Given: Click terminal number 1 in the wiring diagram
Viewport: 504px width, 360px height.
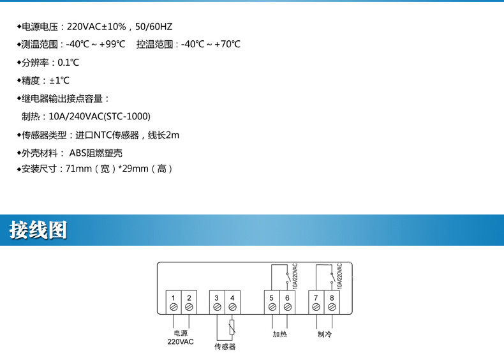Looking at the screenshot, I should [174, 297].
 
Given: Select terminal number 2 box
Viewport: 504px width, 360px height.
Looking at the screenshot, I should [189, 297].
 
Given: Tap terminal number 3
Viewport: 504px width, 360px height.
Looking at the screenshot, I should [217, 297].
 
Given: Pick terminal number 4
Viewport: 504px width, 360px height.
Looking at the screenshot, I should [232, 297].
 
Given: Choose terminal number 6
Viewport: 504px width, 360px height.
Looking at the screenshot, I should [288, 297].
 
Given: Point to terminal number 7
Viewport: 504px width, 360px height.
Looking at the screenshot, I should [316, 297].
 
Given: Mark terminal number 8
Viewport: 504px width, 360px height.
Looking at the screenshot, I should [332, 297].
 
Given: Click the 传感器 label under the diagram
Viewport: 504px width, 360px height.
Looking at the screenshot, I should [225, 347].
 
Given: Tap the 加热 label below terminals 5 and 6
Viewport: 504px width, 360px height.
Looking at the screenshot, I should [280, 334].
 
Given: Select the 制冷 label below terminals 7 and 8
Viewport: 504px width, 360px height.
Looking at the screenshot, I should [324, 334].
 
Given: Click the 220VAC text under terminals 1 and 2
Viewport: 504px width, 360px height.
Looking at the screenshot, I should [181, 342].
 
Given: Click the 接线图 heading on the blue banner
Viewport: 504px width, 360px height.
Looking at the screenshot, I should [38, 230].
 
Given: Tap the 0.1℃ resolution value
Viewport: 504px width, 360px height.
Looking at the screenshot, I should [68, 63].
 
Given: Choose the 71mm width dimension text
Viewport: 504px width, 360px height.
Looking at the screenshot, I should [78, 169].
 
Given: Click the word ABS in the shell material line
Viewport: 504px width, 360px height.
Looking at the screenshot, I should [77, 153].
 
